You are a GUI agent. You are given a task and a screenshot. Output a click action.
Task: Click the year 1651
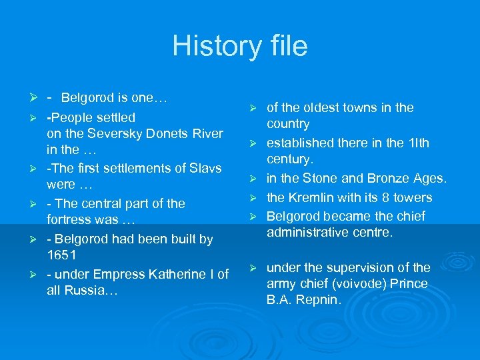click(x=61, y=255)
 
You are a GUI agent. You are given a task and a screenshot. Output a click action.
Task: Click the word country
click(x=288, y=124)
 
